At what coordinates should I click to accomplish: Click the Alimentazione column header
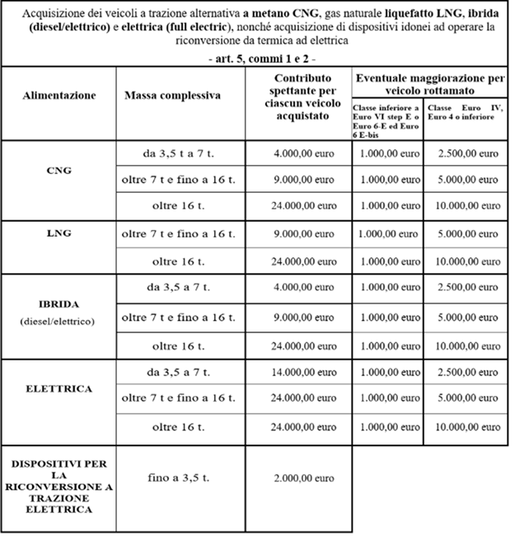coord(59,96)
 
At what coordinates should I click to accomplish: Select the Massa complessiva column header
coord(173,96)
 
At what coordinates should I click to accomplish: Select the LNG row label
coord(59,233)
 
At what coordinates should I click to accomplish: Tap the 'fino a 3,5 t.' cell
coord(172,477)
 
